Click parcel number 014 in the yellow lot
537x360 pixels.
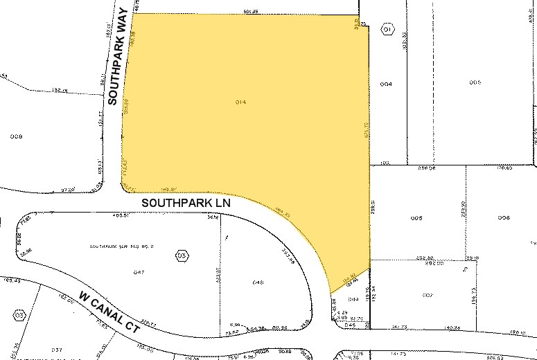coord(241,102)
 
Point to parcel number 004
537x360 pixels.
coord(386,84)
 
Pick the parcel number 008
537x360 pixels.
coord(17,136)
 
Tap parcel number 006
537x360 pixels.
coord(504,218)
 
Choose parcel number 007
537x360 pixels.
coord(427,296)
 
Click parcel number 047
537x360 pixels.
coord(139,273)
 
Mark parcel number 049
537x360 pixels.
coord(353,299)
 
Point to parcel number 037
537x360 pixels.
coord(57,350)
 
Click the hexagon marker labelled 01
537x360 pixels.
coord(387,31)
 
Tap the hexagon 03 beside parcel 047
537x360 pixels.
coord(182,256)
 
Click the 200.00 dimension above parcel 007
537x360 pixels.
coord(434,263)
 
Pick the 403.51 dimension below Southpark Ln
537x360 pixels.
coord(122,215)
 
